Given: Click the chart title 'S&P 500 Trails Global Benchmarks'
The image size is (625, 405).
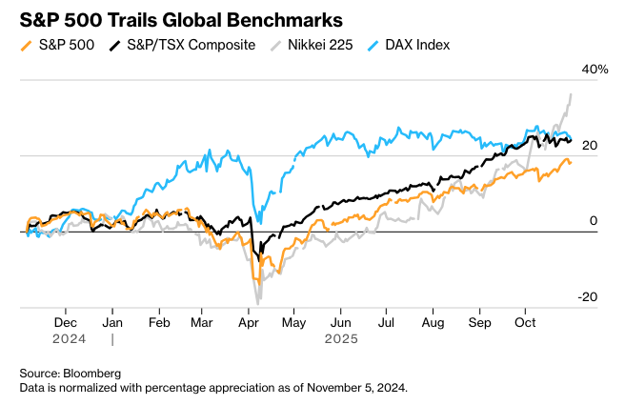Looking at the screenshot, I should coord(181,19).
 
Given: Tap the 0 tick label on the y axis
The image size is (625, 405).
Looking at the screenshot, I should coord(593,221).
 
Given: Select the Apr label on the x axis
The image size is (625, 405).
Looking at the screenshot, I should coord(250,323).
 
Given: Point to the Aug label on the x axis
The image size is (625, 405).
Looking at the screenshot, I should coord(433,323).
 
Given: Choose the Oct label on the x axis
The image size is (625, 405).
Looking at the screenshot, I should coord(526,323).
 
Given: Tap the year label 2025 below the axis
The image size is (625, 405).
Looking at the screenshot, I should coord(340,338).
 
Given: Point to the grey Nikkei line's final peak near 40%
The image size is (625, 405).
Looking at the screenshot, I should coord(571,93).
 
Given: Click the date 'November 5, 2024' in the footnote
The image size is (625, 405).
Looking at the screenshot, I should coord(354,387).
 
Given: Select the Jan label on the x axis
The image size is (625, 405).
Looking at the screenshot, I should coord(112,323).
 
